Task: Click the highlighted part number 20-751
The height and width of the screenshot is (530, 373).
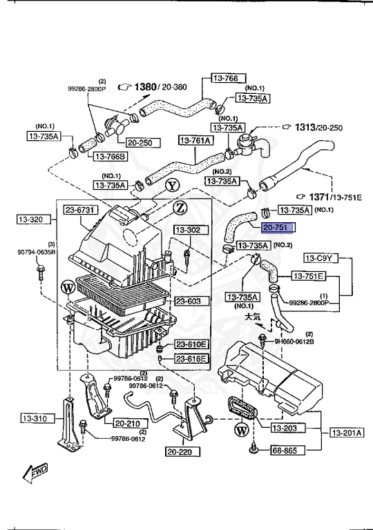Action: pos(278,227)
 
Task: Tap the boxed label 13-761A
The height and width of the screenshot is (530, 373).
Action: pos(196,141)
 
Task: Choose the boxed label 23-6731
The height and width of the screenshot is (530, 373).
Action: pos(82,210)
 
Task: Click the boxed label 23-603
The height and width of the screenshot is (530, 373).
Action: pos(187,301)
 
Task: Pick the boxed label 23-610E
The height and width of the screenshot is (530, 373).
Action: pos(191,344)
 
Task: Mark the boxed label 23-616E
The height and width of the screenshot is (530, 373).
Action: pos(191,358)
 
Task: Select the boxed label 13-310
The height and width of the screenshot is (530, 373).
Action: pos(33,418)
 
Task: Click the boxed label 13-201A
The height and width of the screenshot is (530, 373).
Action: pos(347,433)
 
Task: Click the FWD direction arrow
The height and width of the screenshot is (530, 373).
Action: pos(34,473)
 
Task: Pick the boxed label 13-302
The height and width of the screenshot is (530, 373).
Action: pos(186,229)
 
